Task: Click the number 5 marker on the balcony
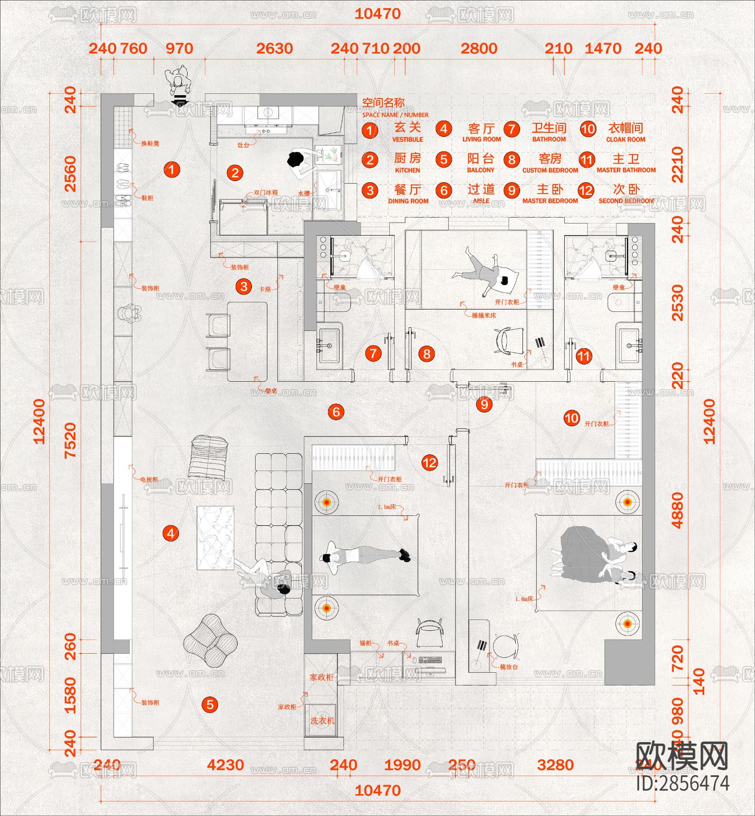point(210,704)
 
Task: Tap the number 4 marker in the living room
point(171,533)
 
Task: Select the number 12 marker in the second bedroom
point(430,462)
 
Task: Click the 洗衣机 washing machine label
point(322,721)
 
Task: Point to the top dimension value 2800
point(479,49)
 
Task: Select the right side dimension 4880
point(678,510)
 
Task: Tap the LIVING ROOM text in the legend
point(481,139)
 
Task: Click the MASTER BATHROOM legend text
point(626,170)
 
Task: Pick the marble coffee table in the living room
point(215,538)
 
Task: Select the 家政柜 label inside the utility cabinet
point(321,677)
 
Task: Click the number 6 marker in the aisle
point(336,412)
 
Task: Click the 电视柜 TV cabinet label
point(149,479)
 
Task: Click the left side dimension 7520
point(70,440)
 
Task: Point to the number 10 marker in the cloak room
point(571,418)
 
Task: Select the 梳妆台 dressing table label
point(508,667)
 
